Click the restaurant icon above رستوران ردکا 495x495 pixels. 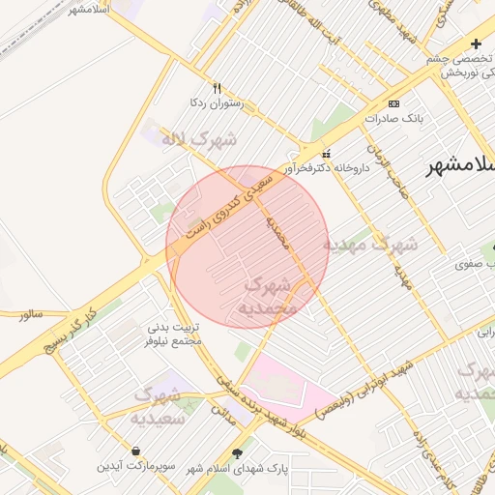217,87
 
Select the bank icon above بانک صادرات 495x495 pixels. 393,103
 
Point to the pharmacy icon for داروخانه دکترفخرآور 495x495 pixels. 325,153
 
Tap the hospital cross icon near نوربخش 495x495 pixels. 475,44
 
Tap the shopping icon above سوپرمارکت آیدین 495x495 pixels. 135,451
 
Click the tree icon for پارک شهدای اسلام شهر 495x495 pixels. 238,451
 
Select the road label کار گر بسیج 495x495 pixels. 67,329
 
